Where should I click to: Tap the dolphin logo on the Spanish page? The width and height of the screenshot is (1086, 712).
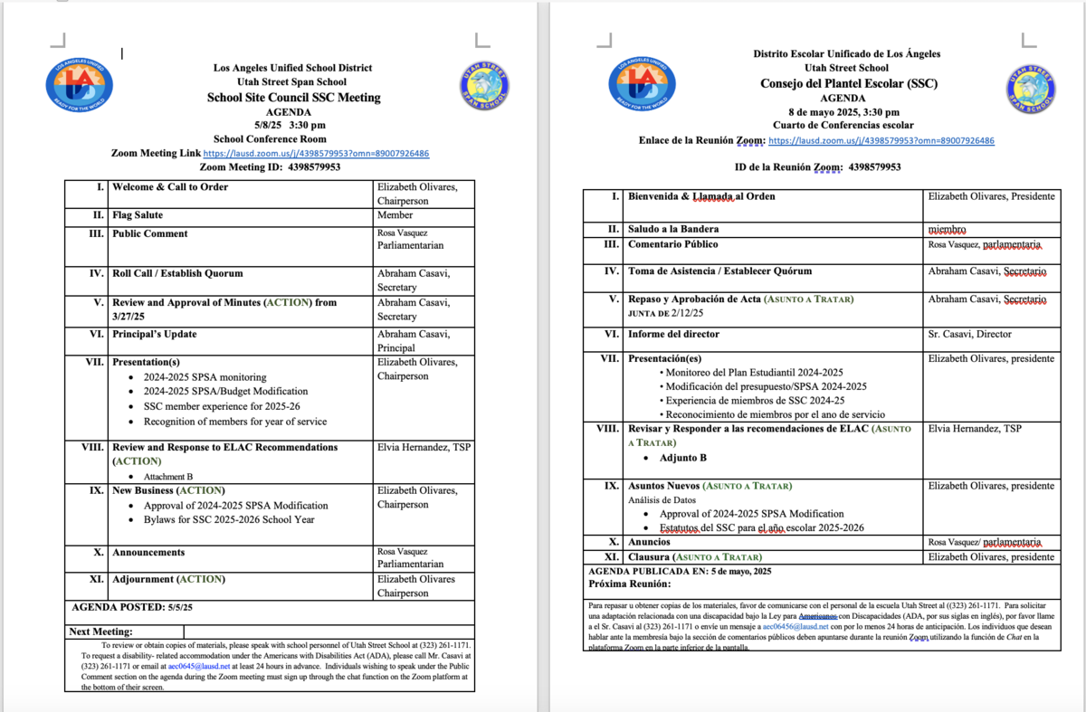[1031, 89]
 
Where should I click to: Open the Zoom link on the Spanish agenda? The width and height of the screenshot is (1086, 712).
[881, 141]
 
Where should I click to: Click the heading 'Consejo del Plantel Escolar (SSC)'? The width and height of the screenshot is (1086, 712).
[848, 84]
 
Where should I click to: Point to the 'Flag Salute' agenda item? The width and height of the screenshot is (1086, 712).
[138, 215]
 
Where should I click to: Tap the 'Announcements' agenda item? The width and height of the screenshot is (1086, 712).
[148, 552]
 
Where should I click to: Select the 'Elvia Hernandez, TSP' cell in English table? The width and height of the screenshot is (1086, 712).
[424, 447]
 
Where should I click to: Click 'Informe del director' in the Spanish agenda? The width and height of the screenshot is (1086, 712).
[673, 334]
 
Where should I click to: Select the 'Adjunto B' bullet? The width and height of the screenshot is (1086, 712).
[683, 458]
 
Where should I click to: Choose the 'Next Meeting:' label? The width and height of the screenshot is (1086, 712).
[101, 631]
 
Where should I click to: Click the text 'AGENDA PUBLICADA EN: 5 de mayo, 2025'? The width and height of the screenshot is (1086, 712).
[680, 571]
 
